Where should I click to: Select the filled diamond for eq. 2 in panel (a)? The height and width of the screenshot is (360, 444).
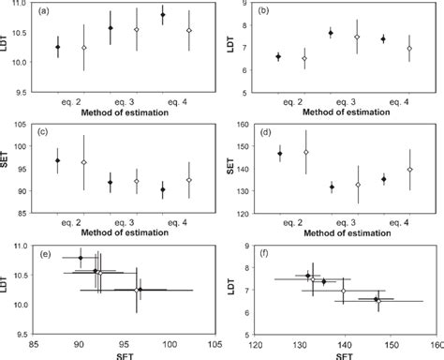tap(58, 47)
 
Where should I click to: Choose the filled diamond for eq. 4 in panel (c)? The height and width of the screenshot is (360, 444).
tap(163, 189)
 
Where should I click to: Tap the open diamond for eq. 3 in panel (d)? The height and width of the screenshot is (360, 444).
tap(358, 185)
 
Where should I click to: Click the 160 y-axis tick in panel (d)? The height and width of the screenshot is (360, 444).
tap(250, 125)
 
